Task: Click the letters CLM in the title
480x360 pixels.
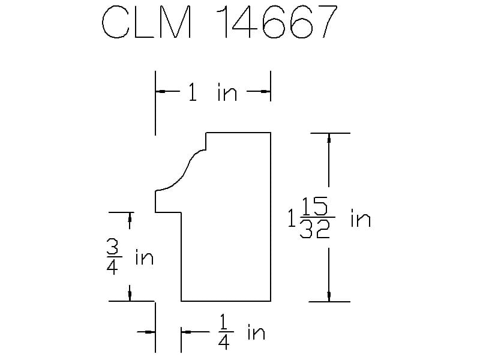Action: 147,22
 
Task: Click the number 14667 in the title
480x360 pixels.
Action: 277,22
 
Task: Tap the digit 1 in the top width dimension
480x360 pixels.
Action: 192,92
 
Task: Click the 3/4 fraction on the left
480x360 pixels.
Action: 113,257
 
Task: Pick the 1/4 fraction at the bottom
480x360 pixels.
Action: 224,332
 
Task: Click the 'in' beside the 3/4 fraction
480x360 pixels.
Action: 144,257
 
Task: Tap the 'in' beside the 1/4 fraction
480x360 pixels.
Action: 256,332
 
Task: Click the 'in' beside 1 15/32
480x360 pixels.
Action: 361,218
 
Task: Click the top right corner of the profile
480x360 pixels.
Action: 271,133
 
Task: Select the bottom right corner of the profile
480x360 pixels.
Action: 271,301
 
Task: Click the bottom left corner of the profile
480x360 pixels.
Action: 181,301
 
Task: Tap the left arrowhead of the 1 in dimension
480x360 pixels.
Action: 160,91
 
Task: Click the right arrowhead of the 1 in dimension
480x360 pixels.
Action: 265,91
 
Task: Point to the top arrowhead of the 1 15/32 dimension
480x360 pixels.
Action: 329,138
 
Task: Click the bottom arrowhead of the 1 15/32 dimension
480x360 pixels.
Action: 329,296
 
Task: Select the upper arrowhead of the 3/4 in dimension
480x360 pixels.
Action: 130,217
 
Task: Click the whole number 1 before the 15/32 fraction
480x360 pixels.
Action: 292,218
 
